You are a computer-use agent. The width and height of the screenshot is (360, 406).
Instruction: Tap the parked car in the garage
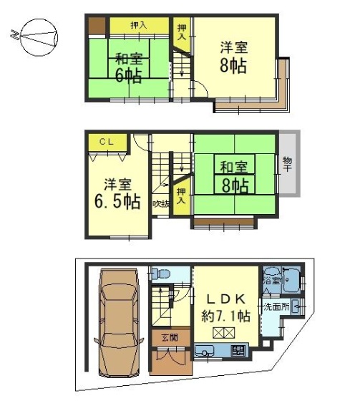coord(119,323)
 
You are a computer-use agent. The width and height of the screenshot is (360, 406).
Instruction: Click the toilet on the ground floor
coord(160,274)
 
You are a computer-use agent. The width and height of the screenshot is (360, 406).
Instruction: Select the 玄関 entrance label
coord(170,337)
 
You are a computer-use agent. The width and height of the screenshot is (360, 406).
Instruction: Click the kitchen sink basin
coord(205,351)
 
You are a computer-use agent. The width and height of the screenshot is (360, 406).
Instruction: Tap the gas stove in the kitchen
coord(238,351)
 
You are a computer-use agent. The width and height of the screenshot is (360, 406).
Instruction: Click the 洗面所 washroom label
coord(276,307)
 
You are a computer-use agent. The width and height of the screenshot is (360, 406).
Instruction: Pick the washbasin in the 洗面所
coord(296,307)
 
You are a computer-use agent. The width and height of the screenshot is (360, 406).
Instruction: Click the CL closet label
coord(107,142)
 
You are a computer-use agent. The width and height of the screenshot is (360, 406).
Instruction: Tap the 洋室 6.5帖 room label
coord(118,193)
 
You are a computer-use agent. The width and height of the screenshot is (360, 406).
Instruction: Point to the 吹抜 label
coord(161,205)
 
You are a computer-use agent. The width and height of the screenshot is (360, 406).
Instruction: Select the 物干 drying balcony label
coord(288,164)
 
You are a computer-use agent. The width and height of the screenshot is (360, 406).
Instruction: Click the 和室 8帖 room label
coord(234,177)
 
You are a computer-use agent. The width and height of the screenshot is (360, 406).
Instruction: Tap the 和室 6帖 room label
coord(129,67)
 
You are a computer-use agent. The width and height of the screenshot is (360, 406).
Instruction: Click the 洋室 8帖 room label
coord(233,57)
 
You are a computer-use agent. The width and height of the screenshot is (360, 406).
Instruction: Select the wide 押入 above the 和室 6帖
coord(139,25)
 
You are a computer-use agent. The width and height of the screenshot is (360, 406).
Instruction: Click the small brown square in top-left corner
coord(97,25)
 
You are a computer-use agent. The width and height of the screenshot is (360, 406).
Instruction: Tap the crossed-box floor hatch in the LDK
coord(223,333)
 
